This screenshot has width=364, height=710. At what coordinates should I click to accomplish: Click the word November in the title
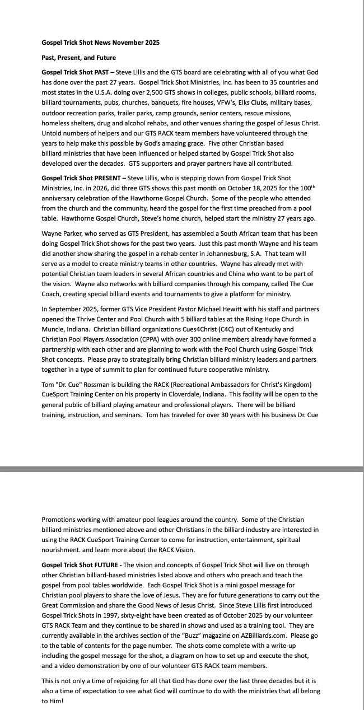[129, 42]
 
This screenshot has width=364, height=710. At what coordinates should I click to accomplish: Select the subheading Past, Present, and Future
[78, 58]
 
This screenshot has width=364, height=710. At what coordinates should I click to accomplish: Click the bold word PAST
[101, 73]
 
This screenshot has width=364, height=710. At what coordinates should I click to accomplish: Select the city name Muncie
[54, 329]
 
